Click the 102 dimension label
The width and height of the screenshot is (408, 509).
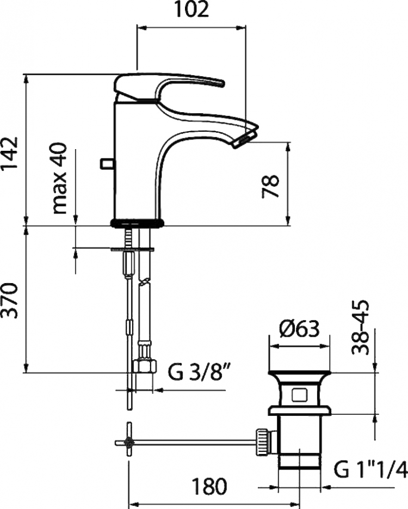point(191,10)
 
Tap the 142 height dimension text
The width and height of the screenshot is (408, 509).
point(9,154)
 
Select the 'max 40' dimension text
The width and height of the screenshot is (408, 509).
point(59,179)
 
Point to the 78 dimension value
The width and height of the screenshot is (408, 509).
point(270,186)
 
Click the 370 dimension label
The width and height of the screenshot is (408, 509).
point(9,301)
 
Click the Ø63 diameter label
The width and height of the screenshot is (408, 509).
point(299,329)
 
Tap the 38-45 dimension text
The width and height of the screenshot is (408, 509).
point(360,327)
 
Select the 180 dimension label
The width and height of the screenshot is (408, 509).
point(209,486)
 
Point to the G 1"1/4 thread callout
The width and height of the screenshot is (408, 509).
point(370,469)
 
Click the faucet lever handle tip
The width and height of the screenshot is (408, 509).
point(221,83)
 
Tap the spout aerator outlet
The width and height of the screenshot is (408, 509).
point(244,140)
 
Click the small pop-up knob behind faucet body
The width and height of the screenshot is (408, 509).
point(106,164)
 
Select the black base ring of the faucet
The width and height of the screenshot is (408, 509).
point(138,223)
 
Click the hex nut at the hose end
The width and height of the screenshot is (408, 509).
point(145,366)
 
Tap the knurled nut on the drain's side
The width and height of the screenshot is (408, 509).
point(262,442)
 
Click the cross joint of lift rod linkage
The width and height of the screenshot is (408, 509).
point(129,442)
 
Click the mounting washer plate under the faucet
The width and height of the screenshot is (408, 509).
point(132,250)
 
